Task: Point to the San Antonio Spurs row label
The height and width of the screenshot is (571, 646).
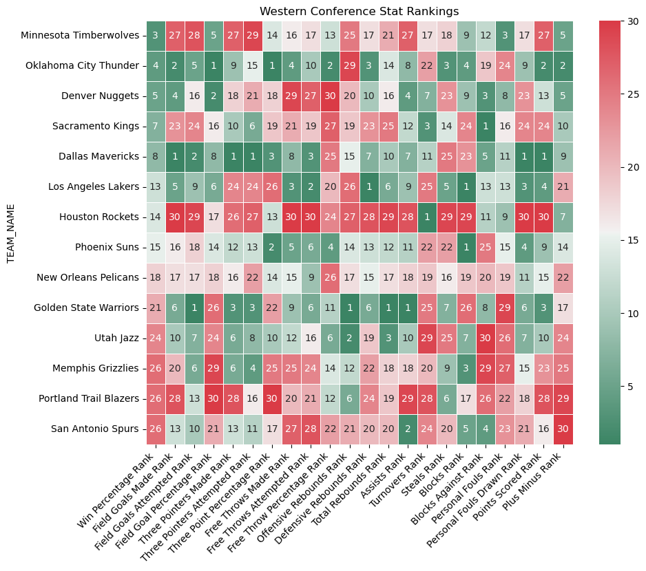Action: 98,429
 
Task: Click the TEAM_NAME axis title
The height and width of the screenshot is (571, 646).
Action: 10,233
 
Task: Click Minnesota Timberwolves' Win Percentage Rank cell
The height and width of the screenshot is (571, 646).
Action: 156,36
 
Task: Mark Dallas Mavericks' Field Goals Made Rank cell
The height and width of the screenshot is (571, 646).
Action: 175,157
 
